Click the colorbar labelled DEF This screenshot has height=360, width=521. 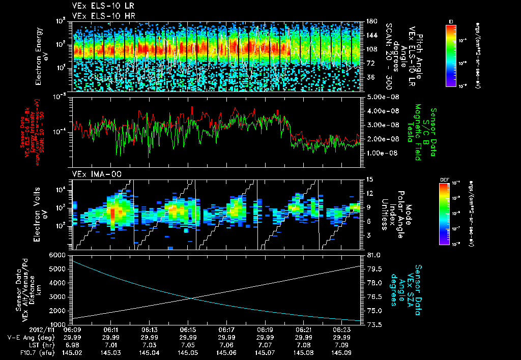(x=451, y=214)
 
